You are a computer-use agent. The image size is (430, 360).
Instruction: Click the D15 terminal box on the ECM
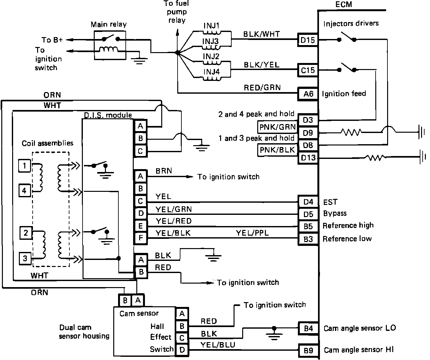[308, 40]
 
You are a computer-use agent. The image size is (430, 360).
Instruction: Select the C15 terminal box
[308, 70]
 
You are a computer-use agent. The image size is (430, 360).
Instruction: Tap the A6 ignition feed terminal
[308, 94]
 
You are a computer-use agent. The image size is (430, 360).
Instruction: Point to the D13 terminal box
[308, 158]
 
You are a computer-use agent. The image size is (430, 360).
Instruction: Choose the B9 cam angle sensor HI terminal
[308, 350]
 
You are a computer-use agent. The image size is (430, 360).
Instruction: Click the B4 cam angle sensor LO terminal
[308, 328]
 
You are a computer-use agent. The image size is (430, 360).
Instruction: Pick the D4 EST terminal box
[308, 202]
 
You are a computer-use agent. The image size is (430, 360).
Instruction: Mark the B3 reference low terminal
[308, 239]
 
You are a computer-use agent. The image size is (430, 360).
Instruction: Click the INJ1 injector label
[211, 26]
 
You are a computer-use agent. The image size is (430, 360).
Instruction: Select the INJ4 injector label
[211, 72]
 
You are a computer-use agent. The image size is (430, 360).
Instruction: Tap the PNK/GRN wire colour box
[277, 127]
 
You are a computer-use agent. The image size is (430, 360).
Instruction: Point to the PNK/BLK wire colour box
[277, 150]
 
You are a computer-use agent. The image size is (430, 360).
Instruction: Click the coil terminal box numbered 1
[25, 166]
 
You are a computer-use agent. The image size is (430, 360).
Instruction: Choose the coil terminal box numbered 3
[25, 258]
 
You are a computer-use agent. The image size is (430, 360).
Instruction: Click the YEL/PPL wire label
[252, 233]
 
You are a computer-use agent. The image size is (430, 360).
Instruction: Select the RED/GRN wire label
[262, 88]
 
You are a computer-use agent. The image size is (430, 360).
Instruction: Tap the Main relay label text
[108, 25]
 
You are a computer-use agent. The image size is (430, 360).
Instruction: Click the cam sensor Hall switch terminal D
[182, 350]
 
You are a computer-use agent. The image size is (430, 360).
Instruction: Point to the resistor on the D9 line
[351, 132]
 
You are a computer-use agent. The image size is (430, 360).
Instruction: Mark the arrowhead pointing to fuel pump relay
[177, 33]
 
